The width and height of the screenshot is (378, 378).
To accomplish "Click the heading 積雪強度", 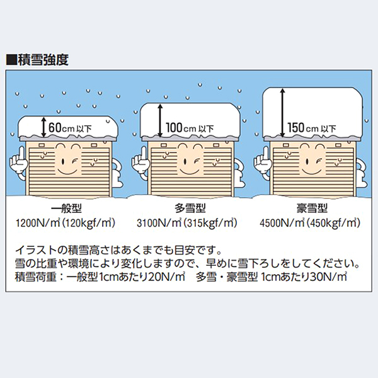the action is tap(43, 60).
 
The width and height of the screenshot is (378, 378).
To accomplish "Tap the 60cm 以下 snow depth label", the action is tap(70, 127).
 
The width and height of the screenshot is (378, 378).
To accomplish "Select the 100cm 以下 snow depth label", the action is tap(190, 127).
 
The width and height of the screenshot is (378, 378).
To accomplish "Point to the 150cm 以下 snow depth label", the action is tap(312, 127).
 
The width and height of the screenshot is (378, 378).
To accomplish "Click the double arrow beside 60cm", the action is tap(43, 127).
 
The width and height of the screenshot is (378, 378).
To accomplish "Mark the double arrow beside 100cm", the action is tap(160, 120).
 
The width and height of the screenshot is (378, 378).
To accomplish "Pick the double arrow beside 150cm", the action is tap(282, 113).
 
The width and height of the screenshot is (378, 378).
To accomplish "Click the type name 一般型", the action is tap(67, 209).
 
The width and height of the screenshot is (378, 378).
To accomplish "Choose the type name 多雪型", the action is tap(190, 209).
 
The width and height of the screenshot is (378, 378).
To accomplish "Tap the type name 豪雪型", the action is tap(312, 209).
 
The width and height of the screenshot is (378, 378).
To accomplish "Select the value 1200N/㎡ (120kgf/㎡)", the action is tap(66, 223).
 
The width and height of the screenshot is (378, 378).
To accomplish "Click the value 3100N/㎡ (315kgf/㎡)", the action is tap(187, 223).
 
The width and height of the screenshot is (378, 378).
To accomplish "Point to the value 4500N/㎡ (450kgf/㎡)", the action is tap(310, 223).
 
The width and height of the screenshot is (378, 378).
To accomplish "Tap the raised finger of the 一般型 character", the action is tap(21, 154).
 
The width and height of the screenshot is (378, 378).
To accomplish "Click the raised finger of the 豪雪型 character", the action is tap(266, 154).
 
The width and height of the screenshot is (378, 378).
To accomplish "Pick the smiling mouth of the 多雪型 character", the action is tap(190, 171).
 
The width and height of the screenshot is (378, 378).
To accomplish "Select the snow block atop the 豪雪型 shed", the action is tap(312, 113).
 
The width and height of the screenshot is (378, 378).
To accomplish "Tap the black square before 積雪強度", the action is tap(12, 60).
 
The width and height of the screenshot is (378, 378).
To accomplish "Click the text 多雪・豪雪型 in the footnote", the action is tap(227, 277).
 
